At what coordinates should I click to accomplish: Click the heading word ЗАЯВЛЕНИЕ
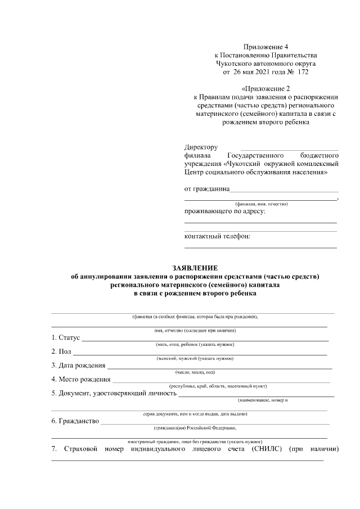click(x=194, y=267)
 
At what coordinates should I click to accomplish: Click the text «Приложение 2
click(x=265, y=88)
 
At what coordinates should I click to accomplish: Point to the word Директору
click(x=201, y=147)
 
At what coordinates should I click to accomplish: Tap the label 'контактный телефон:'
click(x=218, y=236)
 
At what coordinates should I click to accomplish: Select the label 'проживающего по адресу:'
click(x=225, y=211)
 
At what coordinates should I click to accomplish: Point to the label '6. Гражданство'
click(x=75, y=421)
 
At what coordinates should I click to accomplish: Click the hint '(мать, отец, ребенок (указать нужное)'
click(x=195, y=344)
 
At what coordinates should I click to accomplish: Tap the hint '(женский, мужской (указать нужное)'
click(x=195, y=358)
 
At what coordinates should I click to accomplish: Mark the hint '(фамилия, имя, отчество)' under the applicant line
click(x=262, y=203)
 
